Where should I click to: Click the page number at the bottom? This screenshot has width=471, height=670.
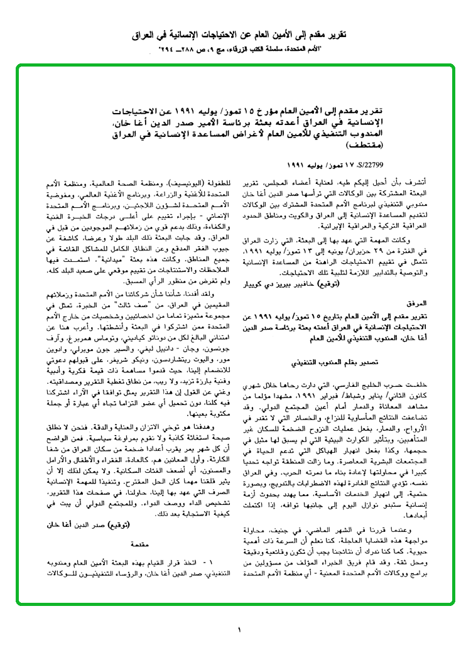(x=240, y=630)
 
